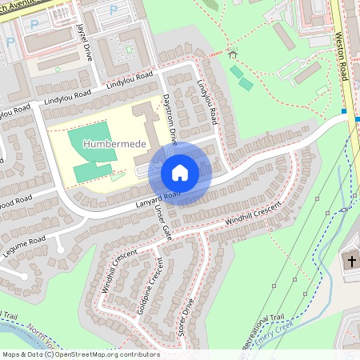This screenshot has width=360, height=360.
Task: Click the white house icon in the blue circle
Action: [x=180, y=172]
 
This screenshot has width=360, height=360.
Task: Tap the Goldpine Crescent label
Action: [x=146, y=286]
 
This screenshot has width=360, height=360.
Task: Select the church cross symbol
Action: [x=350, y=262]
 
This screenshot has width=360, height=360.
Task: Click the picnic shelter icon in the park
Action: [x=232, y=54]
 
